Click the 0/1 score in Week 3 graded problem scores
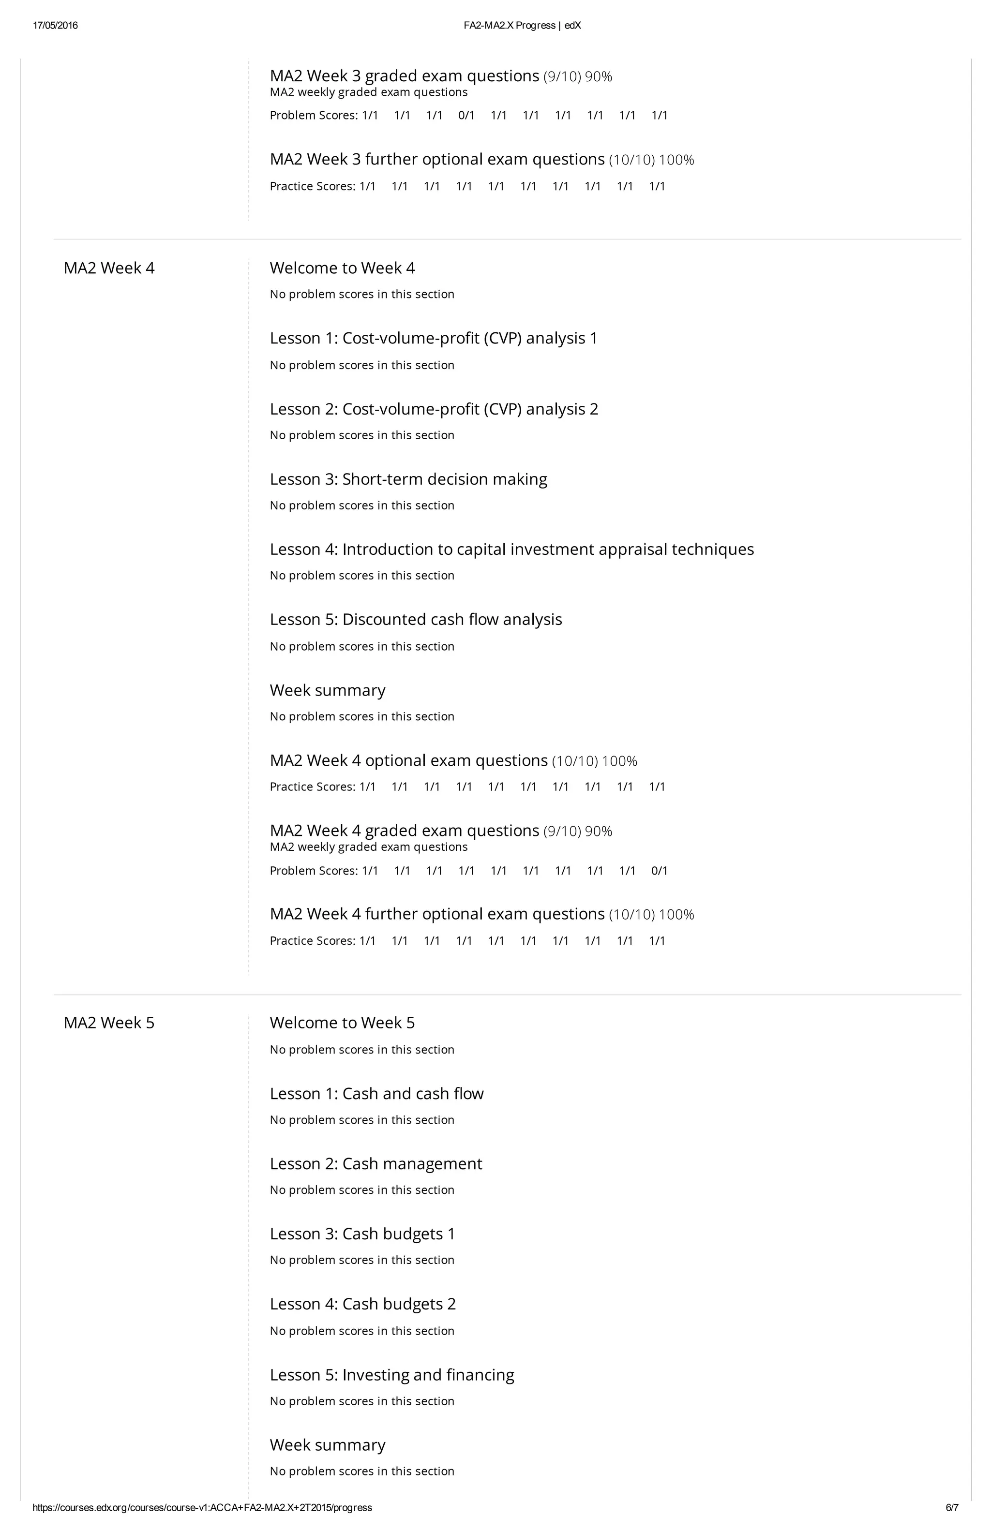[x=466, y=116]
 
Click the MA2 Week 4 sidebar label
[x=109, y=268]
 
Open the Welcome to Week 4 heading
[x=342, y=268]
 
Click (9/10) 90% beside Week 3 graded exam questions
[x=577, y=77]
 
